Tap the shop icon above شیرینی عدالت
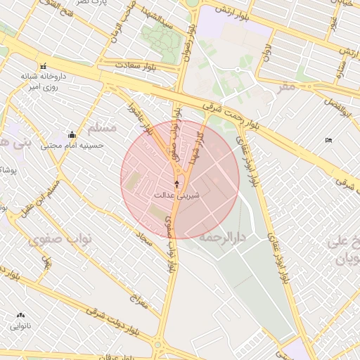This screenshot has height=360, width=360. click(x=176, y=184)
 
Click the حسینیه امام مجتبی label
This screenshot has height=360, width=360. click(x=72, y=146)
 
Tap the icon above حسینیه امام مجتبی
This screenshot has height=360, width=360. click(x=72, y=135)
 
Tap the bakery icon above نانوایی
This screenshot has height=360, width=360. click(x=20, y=315)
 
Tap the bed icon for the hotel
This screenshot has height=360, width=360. click(x=328, y=140)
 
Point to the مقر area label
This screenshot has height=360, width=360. click(x=285, y=86)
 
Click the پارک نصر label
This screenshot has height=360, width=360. click(x=94, y=4)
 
